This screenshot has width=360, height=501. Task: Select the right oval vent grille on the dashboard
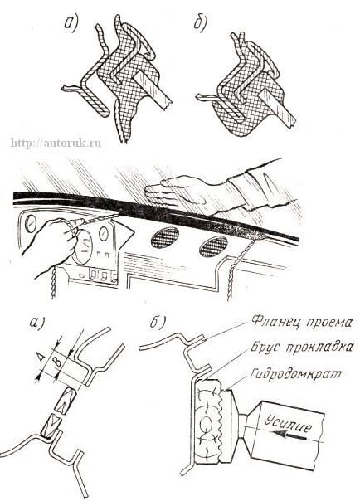click(x=214, y=246)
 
